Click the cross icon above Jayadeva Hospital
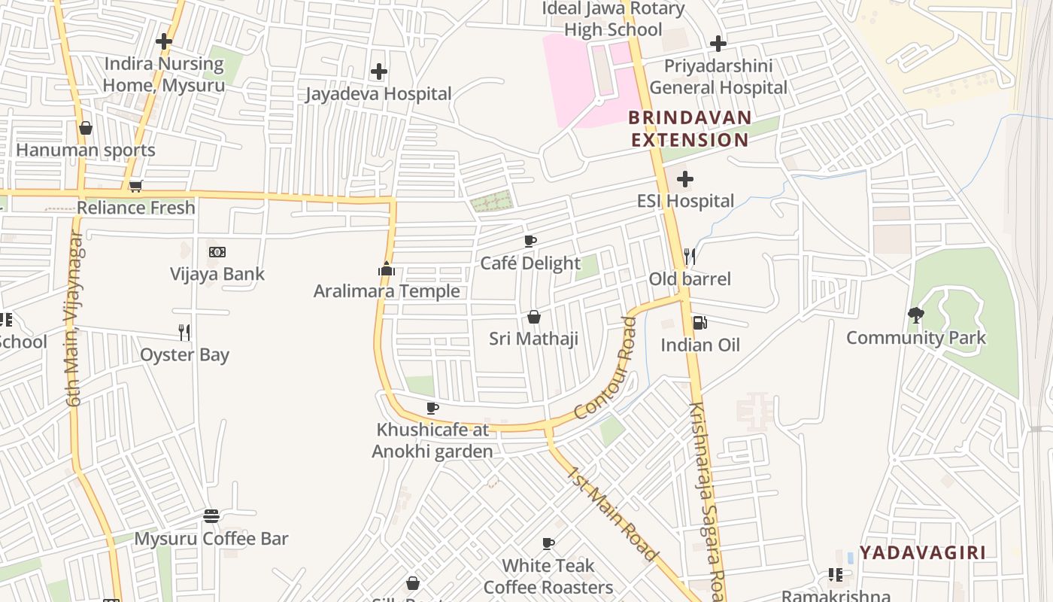(x=379, y=71)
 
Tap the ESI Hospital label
(x=685, y=201)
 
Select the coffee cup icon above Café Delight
(x=530, y=242)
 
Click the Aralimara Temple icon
(x=387, y=269)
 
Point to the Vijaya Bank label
(x=217, y=274)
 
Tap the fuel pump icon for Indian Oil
(x=699, y=323)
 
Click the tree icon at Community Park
(x=915, y=315)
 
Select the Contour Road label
(x=605, y=369)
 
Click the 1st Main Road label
(x=612, y=515)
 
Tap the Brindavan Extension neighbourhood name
(x=690, y=129)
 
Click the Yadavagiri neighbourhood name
(x=922, y=552)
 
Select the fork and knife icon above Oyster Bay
(x=184, y=332)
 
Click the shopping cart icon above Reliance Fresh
(x=135, y=186)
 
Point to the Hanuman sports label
(x=86, y=150)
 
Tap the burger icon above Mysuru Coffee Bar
(x=211, y=516)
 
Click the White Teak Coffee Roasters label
(x=548, y=576)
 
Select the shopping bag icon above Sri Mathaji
(x=534, y=317)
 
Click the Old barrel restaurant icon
(x=690, y=257)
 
